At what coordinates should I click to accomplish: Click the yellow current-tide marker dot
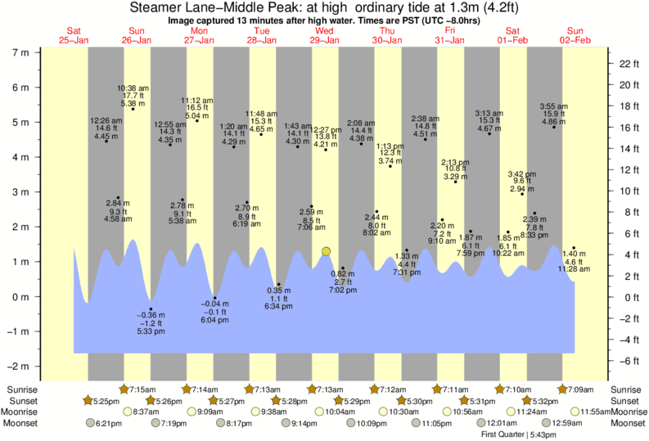(326, 251)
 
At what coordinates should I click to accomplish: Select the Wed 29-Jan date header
(324, 35)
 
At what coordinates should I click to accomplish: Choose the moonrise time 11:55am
(593, 412)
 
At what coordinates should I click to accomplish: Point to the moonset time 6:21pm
(109, 423)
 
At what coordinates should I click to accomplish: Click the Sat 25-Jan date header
(74, 35)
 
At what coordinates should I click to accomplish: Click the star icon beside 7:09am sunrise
(563, 389)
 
